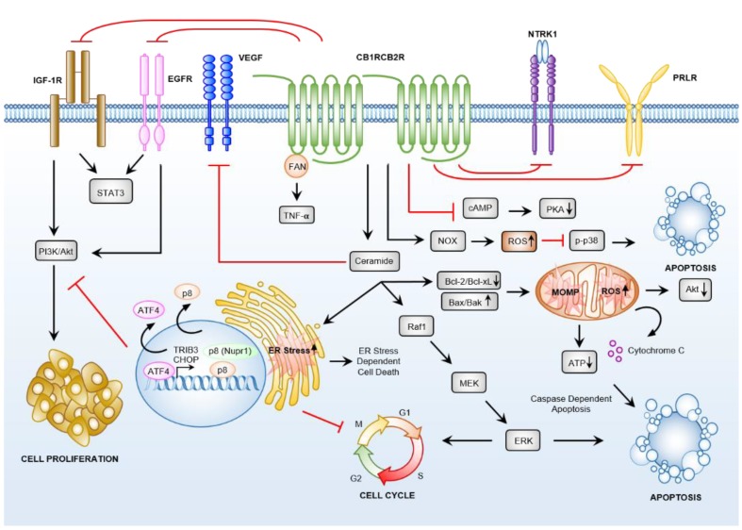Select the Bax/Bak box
tap(470, 301)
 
